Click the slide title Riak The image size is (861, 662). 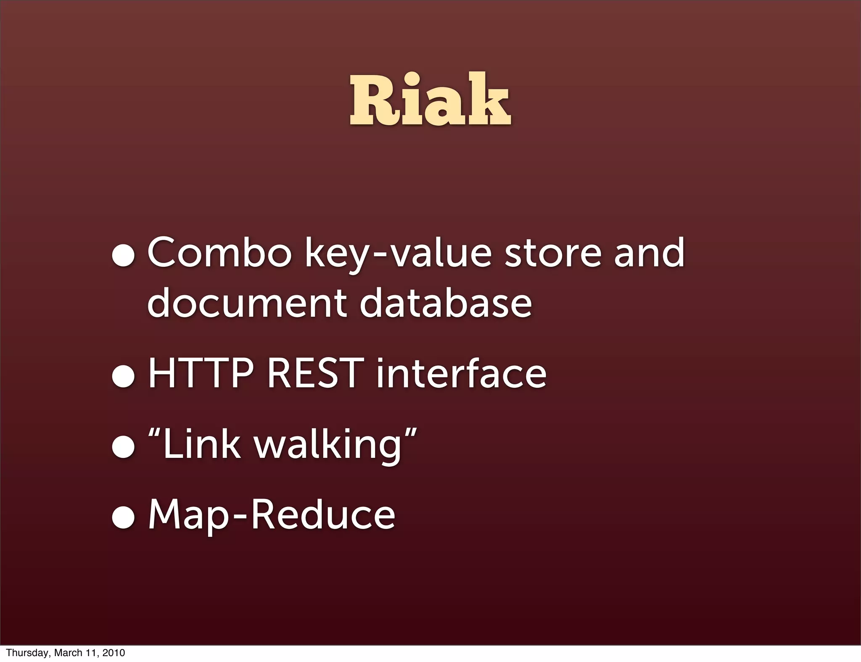click(x=430, y=100)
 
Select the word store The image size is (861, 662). click(x=553, y=253)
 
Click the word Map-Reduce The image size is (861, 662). click(x=272, y=515)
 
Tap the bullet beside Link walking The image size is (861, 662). click(x=123, y=448)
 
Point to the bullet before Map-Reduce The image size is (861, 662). click(x=123, y=518)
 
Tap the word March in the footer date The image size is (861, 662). click(x=68, y=653)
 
